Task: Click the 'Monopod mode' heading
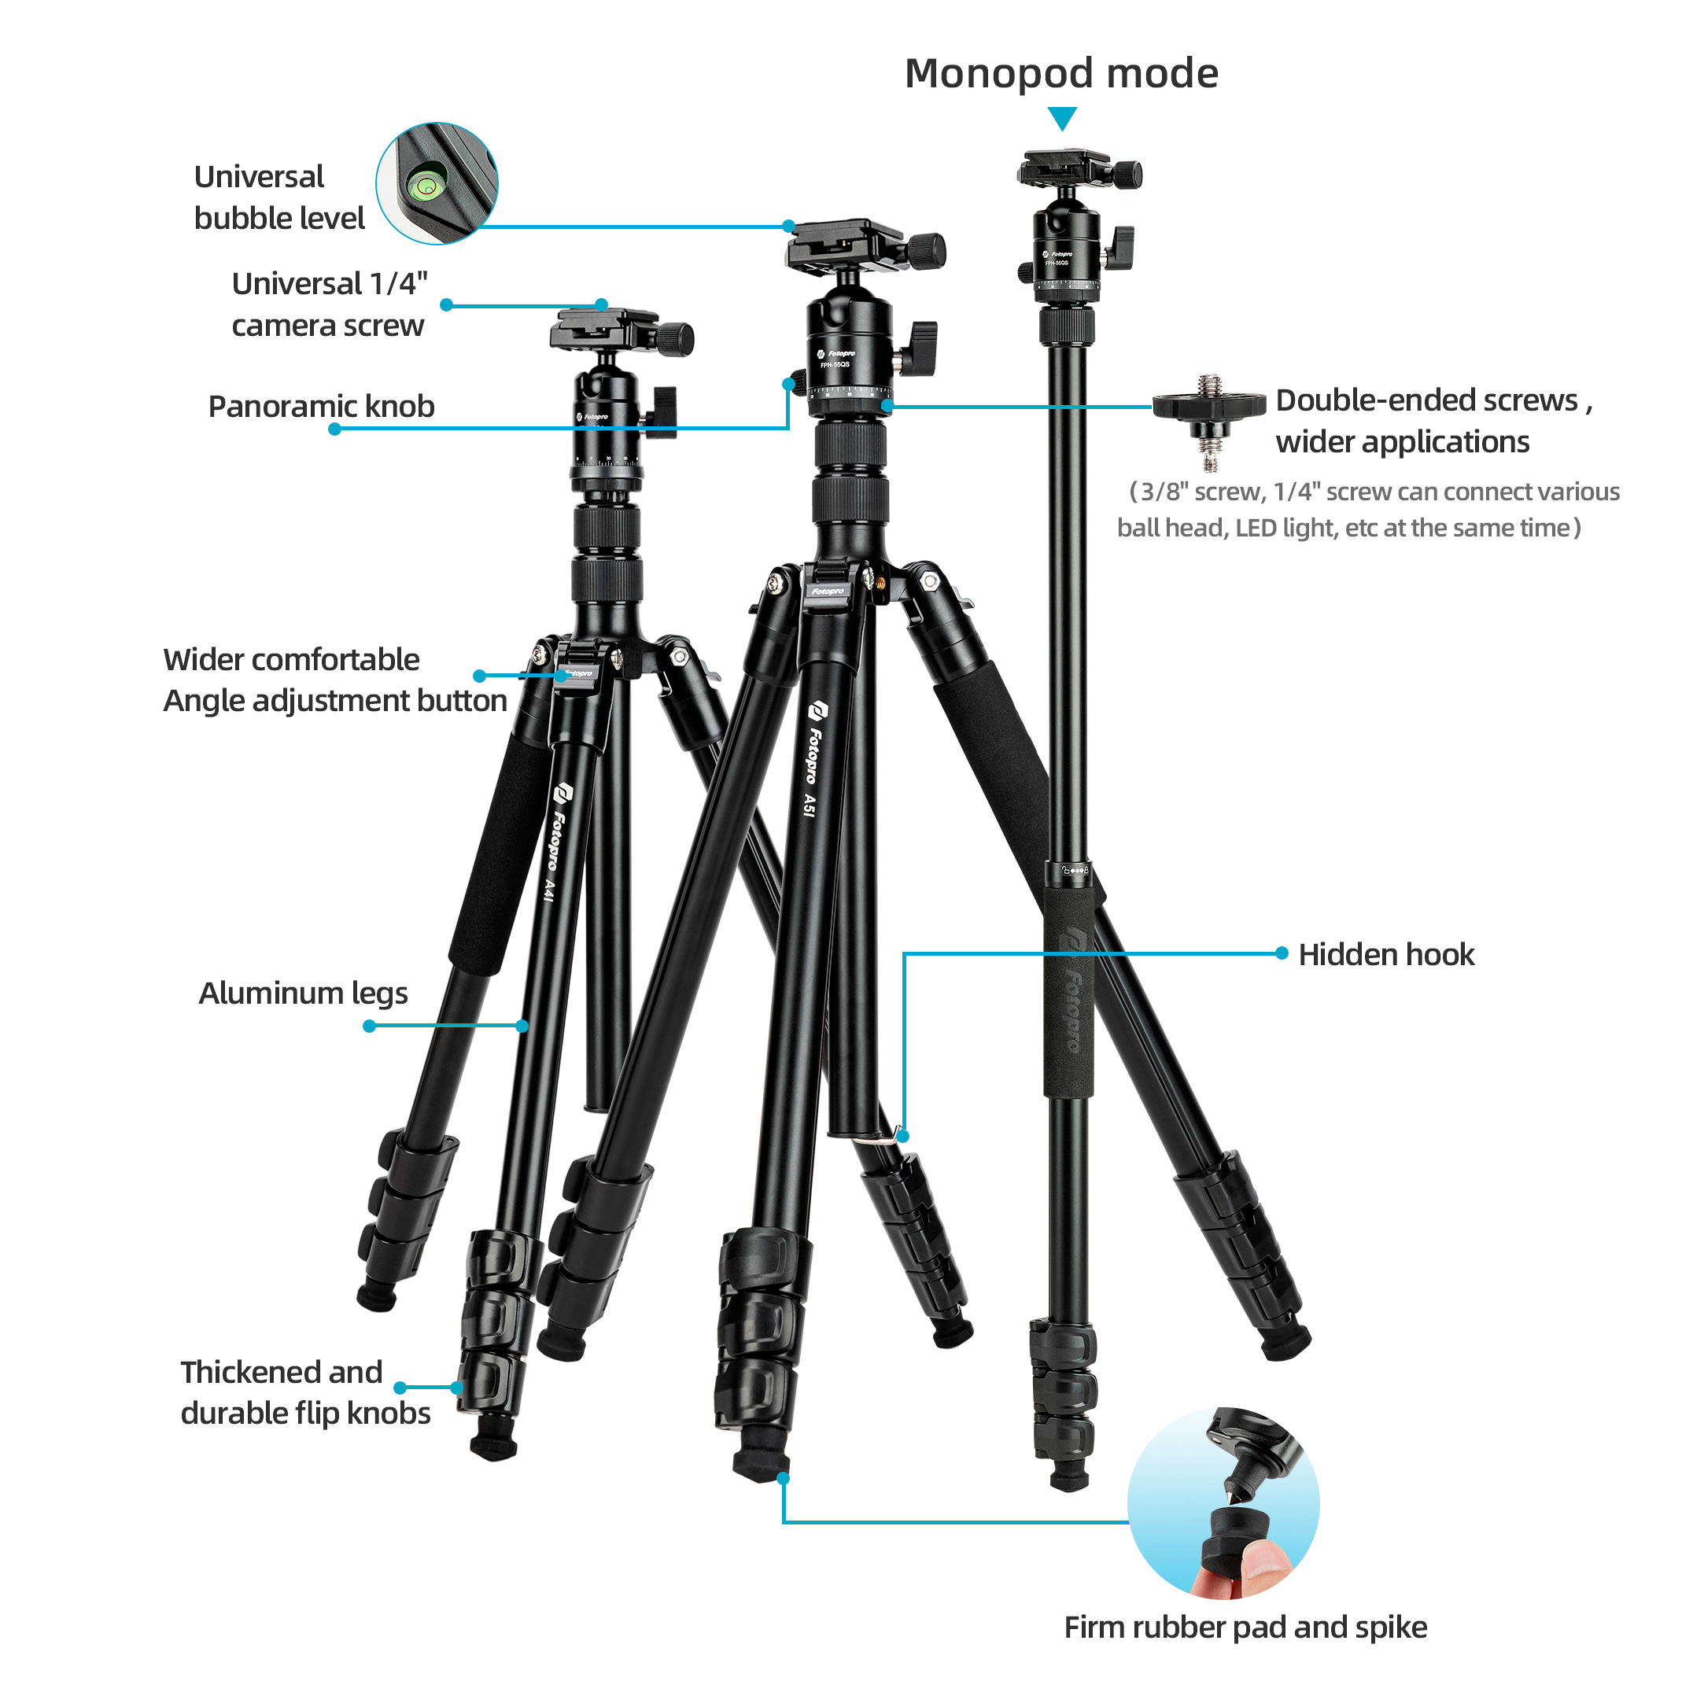1061,74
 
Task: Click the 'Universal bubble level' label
279,197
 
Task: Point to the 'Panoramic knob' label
321,406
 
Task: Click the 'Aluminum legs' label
303,993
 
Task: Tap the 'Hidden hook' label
1386,954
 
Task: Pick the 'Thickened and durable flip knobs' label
305,1392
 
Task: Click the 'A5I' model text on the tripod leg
810,805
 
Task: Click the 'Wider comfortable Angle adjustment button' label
334,680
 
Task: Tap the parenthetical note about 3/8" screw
1368,509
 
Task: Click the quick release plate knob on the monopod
1126,175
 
